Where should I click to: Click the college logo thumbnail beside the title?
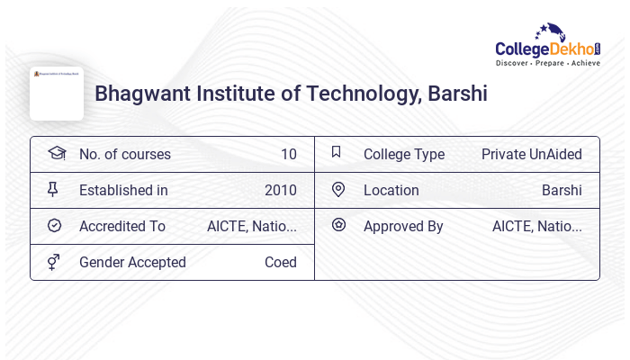57,93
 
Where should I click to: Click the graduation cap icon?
56,153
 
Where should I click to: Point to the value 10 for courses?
288,154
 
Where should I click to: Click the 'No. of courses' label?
124,154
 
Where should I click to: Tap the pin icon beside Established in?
53,190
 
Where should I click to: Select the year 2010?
280,190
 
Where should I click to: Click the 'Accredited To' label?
121,226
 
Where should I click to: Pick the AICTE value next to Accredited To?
251,226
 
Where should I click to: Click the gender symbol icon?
54,262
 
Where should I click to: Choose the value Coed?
280,262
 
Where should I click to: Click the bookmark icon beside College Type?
337,153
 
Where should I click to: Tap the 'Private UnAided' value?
531,154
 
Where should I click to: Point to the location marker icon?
338,190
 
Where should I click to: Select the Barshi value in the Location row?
562,190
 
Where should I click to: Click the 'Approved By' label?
403,226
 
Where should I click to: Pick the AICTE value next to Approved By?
536,226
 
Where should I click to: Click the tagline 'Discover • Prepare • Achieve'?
547,64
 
